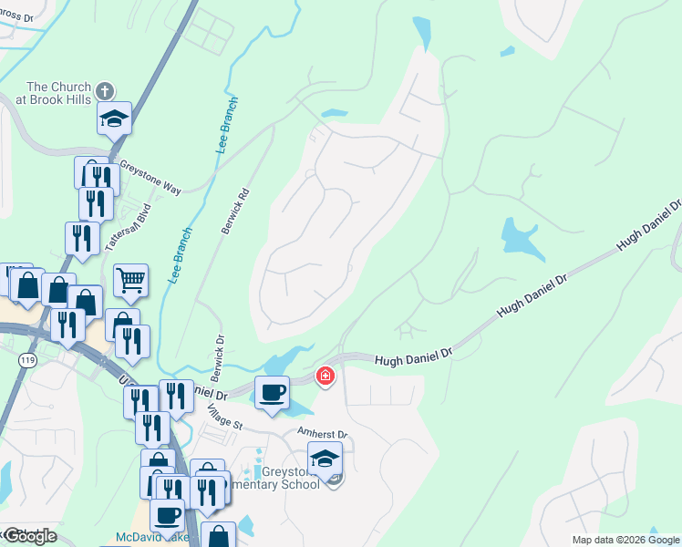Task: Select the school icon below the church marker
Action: pos(115,119)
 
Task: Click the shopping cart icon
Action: pos(130,281)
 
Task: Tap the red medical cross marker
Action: pos(325,376)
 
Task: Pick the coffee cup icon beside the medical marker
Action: pos(272,393)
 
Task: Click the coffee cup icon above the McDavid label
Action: pos(167,515)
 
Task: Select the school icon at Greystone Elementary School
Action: pos(325,459)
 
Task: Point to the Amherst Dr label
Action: pos(323,435)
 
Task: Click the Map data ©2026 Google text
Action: pos(625,540)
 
